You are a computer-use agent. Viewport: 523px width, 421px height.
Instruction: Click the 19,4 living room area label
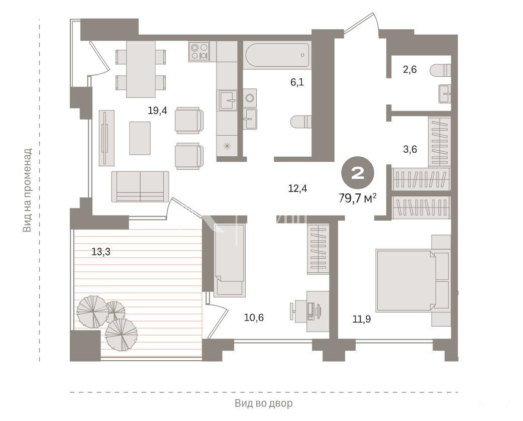point(157,111)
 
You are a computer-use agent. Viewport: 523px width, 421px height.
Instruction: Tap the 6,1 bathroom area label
point(297,82)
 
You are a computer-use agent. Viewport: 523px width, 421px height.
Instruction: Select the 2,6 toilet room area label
point(409,70)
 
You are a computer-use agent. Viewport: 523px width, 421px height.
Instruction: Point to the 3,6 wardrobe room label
point(410,149)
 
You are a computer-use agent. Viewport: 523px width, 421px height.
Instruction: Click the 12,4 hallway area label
point(297,188)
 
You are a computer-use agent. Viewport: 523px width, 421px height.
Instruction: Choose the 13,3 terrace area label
point(100,252)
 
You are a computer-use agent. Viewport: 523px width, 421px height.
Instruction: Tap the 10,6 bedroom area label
point(254,317)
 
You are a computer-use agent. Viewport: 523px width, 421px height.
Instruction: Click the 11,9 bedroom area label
point(362,319)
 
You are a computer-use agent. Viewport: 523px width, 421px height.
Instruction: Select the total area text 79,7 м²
point(358,198)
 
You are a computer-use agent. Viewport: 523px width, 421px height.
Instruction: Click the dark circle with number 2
point(358,173)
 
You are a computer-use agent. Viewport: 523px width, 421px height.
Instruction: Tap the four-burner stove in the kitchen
point(199,51)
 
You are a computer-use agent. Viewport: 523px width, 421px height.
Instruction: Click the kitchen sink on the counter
point(228,100)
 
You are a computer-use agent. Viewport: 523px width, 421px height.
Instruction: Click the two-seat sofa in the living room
point(140,186)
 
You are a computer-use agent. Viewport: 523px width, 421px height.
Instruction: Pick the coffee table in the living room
point(140,138)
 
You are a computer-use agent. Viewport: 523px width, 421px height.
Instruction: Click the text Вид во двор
point(263,403)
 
